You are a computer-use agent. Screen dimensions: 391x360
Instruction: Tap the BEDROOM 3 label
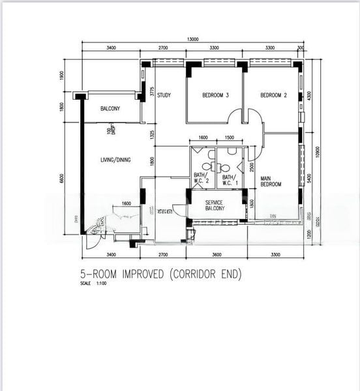(x=215, y=96)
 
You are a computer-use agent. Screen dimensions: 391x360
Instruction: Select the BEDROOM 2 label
(x=273, y=96)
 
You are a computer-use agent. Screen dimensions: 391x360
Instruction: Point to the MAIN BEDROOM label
(x=271, y=181)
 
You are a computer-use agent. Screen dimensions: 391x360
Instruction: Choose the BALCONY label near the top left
(x=110, y=109)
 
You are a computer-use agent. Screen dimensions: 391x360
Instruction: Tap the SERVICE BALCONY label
(x=215, y=205)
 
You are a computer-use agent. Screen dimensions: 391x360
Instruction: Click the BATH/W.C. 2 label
(x=201, y=177)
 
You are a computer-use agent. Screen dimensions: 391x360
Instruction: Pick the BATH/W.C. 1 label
(x=228, y=177)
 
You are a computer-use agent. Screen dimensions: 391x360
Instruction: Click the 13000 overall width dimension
(x=192, y=40)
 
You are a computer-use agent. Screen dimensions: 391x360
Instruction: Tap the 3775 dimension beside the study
(x=151, y=93)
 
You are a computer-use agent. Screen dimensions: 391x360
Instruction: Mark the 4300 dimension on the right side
(x=310, y=95)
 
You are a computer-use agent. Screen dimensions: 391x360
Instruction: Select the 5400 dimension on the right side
(x=310, y=177)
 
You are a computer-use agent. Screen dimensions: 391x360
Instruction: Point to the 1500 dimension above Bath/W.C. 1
(x=229, y=138)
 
